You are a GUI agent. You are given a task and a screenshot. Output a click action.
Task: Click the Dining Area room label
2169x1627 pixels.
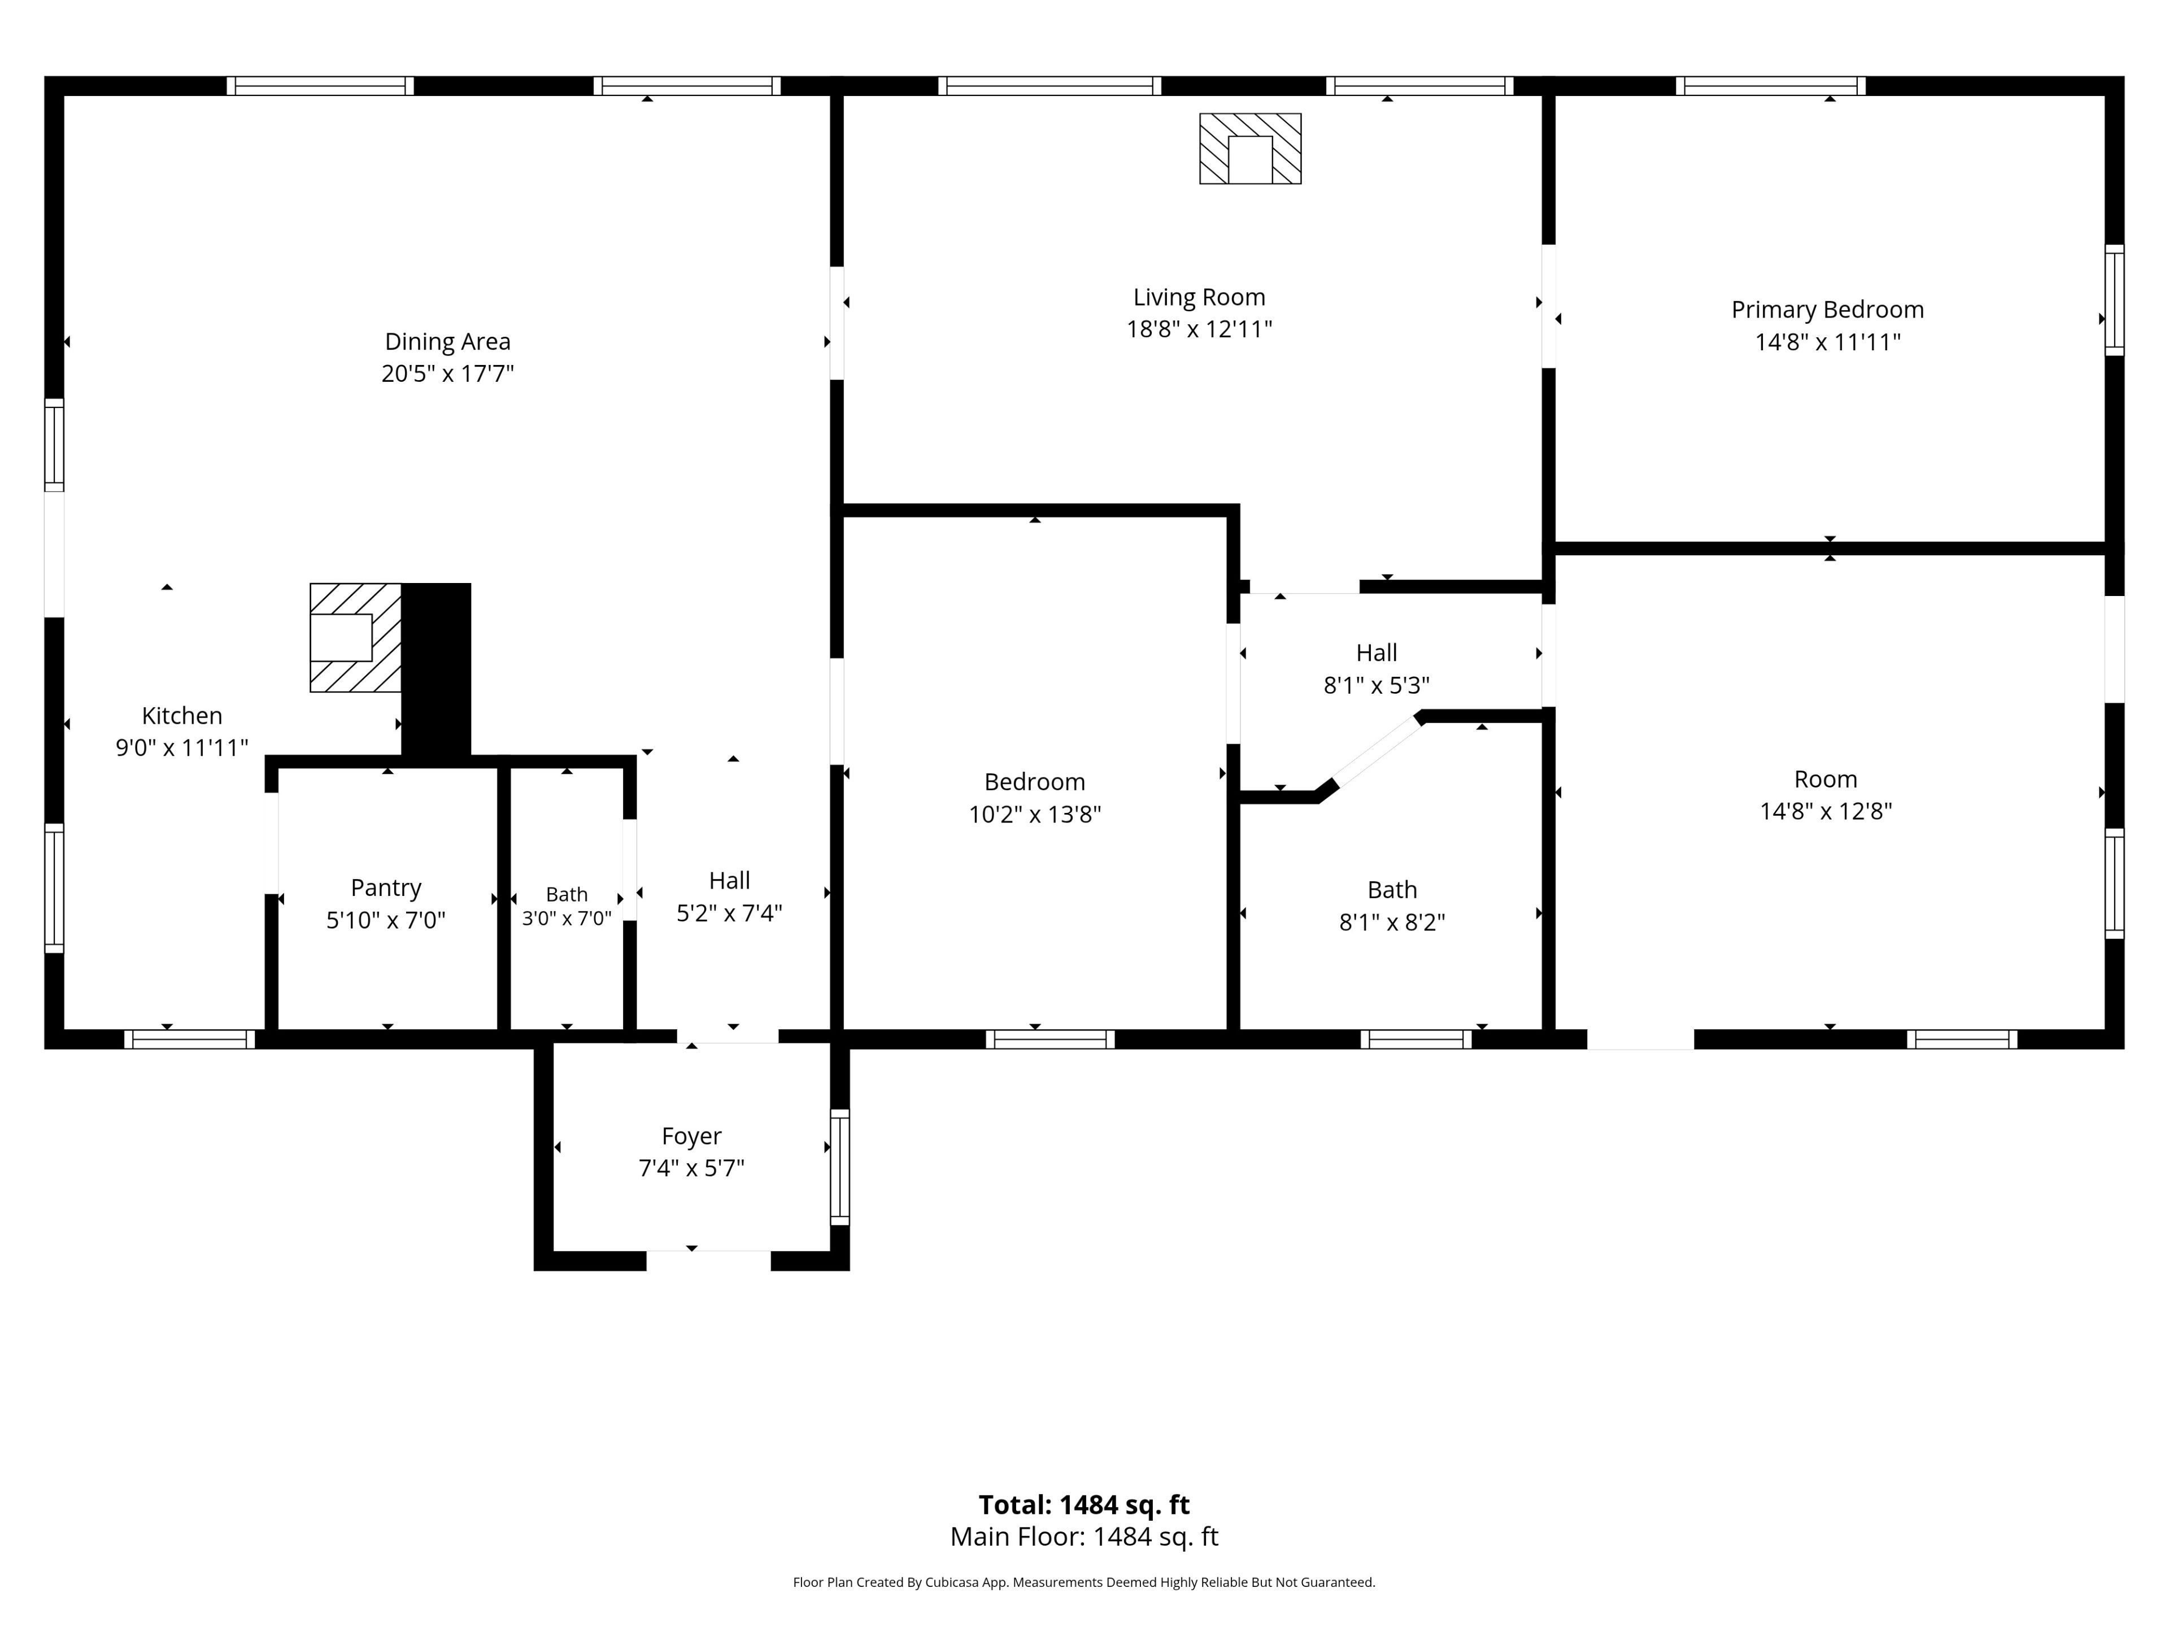447,341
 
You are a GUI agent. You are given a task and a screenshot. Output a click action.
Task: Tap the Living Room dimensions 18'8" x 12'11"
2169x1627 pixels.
1199,329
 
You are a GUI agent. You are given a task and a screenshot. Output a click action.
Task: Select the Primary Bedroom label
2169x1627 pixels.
1828,310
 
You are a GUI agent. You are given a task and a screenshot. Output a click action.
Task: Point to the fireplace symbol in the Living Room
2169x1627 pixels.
1250,148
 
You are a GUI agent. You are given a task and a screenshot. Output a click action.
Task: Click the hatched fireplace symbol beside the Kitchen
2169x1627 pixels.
356,637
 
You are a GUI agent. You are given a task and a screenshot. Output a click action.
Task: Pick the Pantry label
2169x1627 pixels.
386,888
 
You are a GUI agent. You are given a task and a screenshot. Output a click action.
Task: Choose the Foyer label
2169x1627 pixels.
691,1136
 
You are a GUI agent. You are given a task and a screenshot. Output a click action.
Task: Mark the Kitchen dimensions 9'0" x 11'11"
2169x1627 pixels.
182,747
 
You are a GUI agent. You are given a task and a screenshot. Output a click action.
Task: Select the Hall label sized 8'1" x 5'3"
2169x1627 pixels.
1377,653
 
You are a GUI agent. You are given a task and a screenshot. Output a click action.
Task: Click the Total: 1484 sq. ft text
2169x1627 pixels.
1084,1504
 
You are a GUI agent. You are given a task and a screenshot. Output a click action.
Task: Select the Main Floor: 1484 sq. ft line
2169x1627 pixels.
1084,1537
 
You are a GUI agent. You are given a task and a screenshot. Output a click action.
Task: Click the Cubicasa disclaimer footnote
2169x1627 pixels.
1084,1582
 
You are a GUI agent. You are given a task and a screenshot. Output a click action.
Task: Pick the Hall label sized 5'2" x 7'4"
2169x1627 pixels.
730,881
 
